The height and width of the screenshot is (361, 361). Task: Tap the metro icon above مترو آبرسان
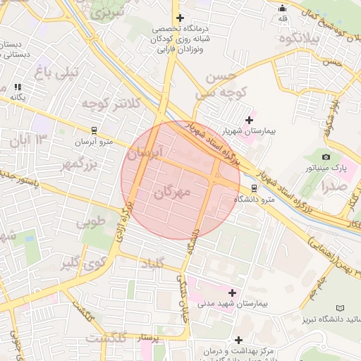point(94,130)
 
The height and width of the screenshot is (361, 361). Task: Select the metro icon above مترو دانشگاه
point(255,188)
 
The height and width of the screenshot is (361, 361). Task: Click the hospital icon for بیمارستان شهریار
point(248,120)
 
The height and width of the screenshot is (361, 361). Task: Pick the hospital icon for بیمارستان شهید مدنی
point(232,292)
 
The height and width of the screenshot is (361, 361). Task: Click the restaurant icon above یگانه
point(17,87)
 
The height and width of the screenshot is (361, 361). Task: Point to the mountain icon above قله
point(283,9)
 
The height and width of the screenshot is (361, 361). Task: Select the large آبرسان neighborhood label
point(145,152)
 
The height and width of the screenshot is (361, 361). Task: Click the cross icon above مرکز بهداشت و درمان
point(239,340)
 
